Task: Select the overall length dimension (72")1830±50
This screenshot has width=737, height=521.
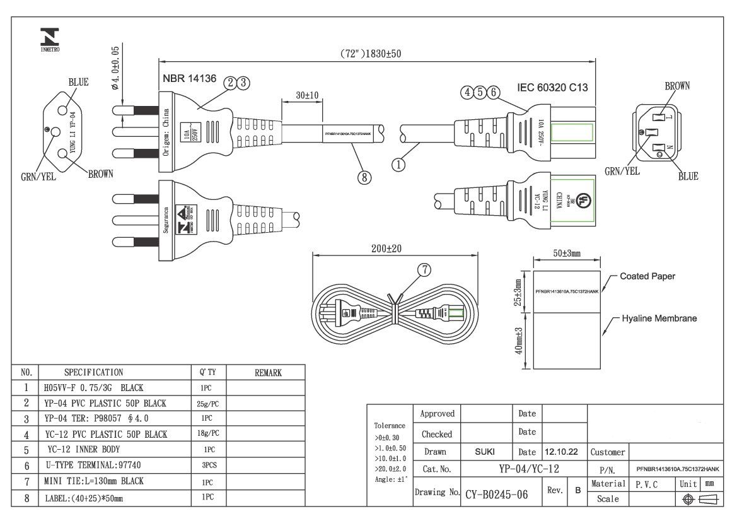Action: click(x=371, y=54)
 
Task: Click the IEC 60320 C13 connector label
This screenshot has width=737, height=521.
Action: click(x=552, y=88)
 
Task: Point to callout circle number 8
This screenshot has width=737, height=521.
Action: click(x=364, y=177)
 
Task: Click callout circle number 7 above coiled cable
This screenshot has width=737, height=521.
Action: click(x=424, y=270)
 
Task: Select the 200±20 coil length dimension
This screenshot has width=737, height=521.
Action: click(x=386, y=249)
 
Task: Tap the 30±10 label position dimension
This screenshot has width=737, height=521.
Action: click(x=307, y=95)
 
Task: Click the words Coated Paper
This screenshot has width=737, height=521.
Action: click(x=647, y=276)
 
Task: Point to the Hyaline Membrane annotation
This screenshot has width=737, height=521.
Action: click(x=659, y=319)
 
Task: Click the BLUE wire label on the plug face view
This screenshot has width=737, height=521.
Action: click(x=78, y=83)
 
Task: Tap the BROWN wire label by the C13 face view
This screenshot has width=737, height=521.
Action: click(x=677, y=86)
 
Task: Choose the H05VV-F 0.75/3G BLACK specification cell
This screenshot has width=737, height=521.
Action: click(x=94, y=388)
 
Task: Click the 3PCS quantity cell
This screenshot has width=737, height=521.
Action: click(x=209, y=466)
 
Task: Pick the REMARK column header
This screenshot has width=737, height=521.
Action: click(x=268, y=373)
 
